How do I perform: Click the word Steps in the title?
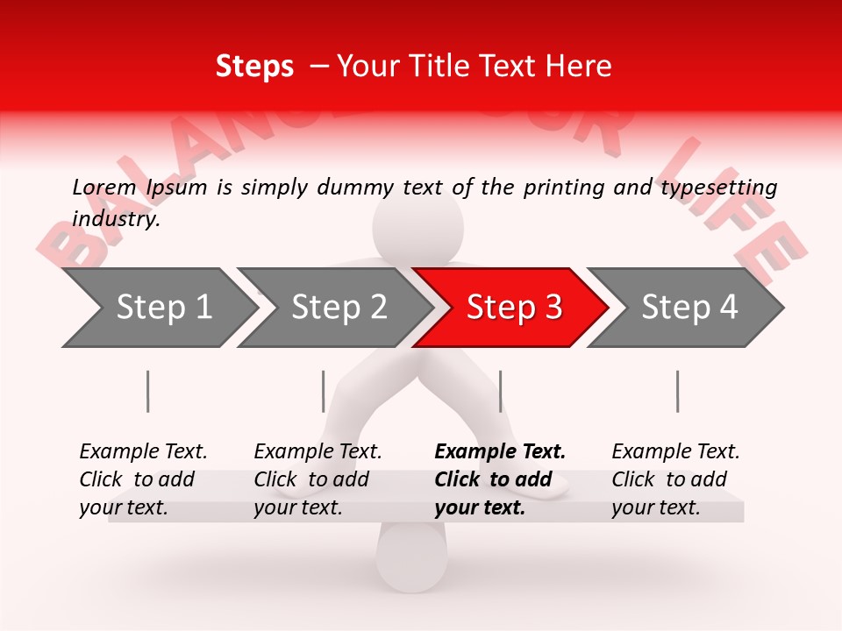coord(254,67)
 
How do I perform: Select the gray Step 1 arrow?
coord(158,308)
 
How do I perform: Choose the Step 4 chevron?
coord(689,308)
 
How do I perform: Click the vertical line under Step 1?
coord(148,391)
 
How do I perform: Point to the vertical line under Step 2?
coord(324,391)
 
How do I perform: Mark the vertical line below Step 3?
coord(500,391)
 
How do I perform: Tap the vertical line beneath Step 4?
coord(677,391)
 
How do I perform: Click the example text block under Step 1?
coord(143,479)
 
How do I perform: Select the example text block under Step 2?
coord(318,479)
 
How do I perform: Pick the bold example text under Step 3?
coord(500,479)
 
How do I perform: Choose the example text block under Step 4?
coord(675,479)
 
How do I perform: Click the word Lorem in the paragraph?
coord(103,188)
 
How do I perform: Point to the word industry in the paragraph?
coord(115,219)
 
